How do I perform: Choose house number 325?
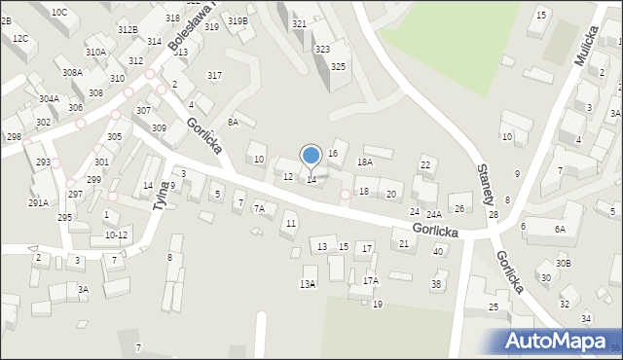pyautogui.click(x=338, y=66)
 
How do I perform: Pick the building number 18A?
pyautogui.click(x=365, y=162)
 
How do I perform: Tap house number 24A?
pyautogui.click(x=434, y=214)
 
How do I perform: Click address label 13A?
pyautogui.click(x=308, y=284)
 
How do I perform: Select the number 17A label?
pyautogui.click(x=371, y=280)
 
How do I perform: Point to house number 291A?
pyautogui.click(x=38, y=202)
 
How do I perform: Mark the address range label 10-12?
pyautogui.click(x=116, y=234)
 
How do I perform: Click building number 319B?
pyautogui.click(x=238, y=20)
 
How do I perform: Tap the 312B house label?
pyautogui.click(x=128, y=30)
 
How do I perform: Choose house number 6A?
pyautogui.click(x=560, y=229)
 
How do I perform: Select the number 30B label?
pyautogui.click(x=564, y=263)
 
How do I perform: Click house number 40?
pyautogui.click(x=438, y=251)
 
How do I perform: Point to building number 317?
pyautogui.click(x=214, y=75)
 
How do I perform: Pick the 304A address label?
pyautogui.click(x=49, y=98)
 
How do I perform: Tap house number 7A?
pyautogui.click(x=259, y=208)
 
